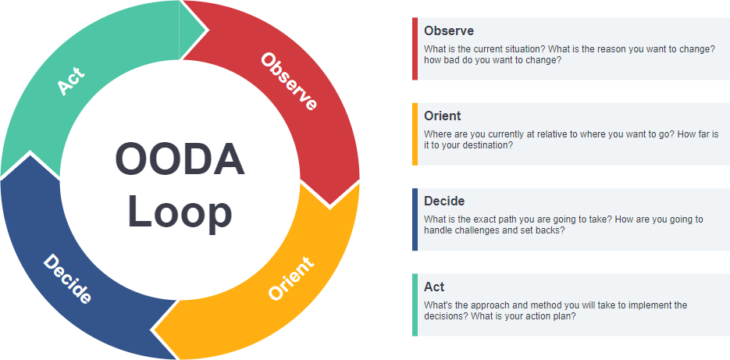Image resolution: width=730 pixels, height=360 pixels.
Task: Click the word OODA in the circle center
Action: pyautogui.click(x=180, y=159)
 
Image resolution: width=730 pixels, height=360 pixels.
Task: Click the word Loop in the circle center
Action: pyautogui.click(x=180, y=211)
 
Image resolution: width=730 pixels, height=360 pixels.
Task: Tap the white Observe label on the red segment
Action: pyautogui.click(x=289, y=81)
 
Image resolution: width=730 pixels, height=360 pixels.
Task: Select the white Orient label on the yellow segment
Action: pyautogui.click(x=290, y=278)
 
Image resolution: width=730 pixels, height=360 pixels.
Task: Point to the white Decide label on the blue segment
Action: pyautogui.click(x=67, y=280)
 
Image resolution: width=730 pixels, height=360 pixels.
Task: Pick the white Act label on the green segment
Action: pyautogui.click(x=71, y=82)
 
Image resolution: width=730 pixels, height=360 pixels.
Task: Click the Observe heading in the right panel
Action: pyautogui.click(x=449, y=31)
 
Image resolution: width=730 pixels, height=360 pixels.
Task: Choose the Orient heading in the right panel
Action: pyautogui.click(x=443, y=116)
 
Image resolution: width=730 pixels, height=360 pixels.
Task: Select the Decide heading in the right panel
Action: pyautogui.click(x=444, y=201)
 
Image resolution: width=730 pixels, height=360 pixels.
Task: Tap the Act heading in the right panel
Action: pyautogui.click(x=434, y=287)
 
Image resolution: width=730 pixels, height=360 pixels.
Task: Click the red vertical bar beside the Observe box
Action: pyautogui.click(x=415, y=48)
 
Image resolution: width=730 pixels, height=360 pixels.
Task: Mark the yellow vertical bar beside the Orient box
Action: pyautogui.click(x=415, y=134)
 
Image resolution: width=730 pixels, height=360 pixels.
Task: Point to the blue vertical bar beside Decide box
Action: pyautogui.click(x=415, y=219)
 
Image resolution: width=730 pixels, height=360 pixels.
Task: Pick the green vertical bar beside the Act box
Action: pyautogui.click(x=415, y=305)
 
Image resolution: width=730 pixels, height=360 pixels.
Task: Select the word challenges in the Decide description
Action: pyautogui.click(x=490, y=230)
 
